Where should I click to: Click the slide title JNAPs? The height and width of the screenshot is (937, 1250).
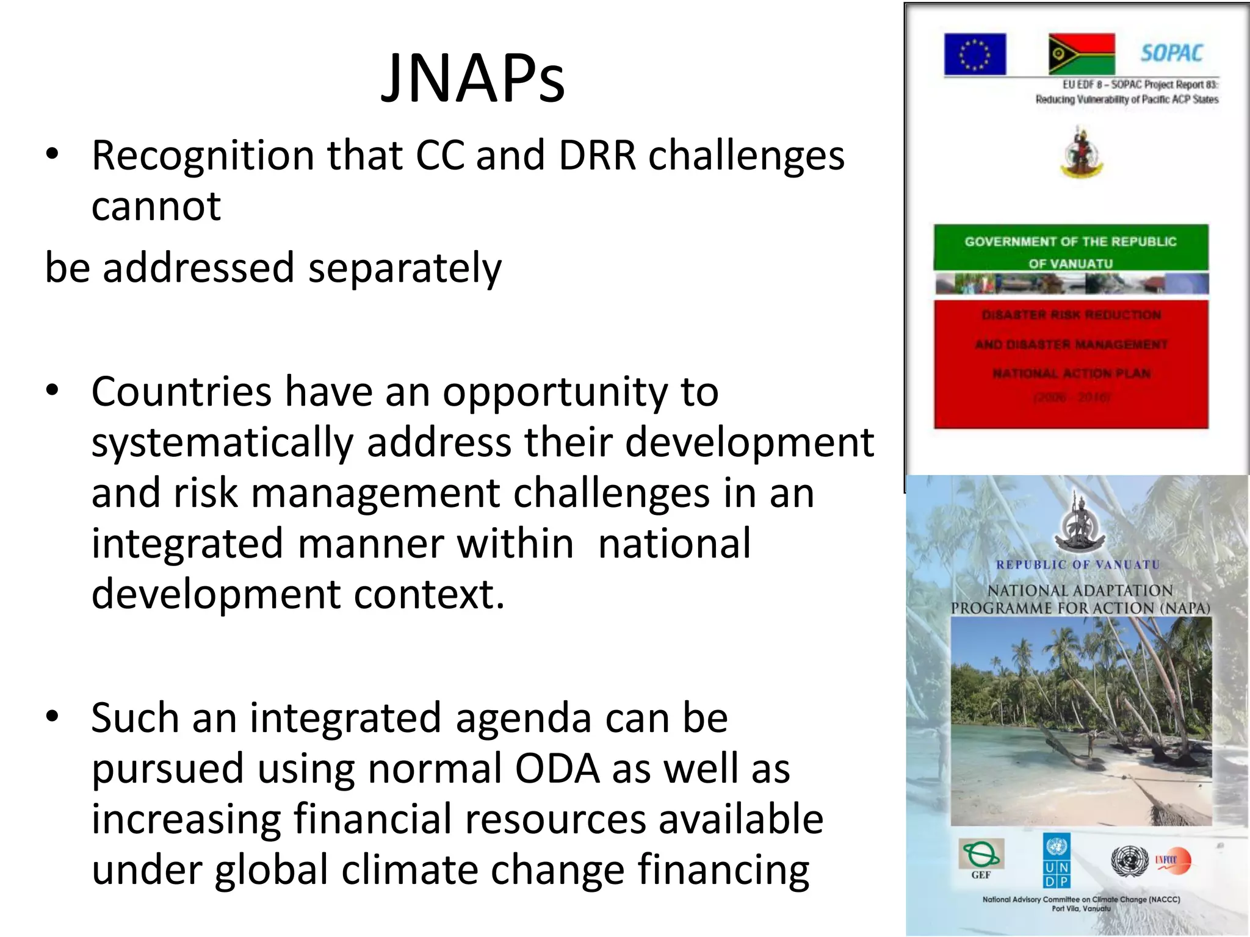[x=473, y=78]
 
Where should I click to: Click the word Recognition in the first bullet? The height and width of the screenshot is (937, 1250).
[x=202, y=156]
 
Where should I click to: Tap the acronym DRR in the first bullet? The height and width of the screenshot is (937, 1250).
[x=597, y=156]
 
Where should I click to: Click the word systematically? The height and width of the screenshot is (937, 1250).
[x=222, y=443]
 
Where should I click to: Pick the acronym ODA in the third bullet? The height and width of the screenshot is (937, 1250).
[x=557, y=769]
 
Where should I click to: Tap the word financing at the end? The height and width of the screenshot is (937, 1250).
[x=723, y=870]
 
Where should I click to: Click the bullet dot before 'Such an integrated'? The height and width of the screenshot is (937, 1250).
[x=52, y=716]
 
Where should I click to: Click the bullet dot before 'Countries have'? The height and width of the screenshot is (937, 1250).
[x=52, y=390]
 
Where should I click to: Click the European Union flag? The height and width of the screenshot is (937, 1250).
[x=975, y=54]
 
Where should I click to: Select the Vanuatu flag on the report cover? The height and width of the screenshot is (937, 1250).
[x=1082, y=54]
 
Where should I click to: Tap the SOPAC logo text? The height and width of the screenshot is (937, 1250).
[x=1171, y=54]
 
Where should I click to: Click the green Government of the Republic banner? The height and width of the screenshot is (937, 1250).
[x=1071, y=248]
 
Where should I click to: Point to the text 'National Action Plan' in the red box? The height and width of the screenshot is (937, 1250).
[x=1071, y=373]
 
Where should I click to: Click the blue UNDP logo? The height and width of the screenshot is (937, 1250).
[x=1056, y=861]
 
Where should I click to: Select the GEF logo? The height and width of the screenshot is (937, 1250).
[x=980, y=858]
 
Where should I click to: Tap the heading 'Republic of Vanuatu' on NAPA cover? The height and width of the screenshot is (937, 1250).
[x=1077, y=565]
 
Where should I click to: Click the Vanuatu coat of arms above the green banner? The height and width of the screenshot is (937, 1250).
[x=1081, y=153]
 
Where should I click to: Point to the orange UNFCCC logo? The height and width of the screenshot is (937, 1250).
[x=1172, y=860]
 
